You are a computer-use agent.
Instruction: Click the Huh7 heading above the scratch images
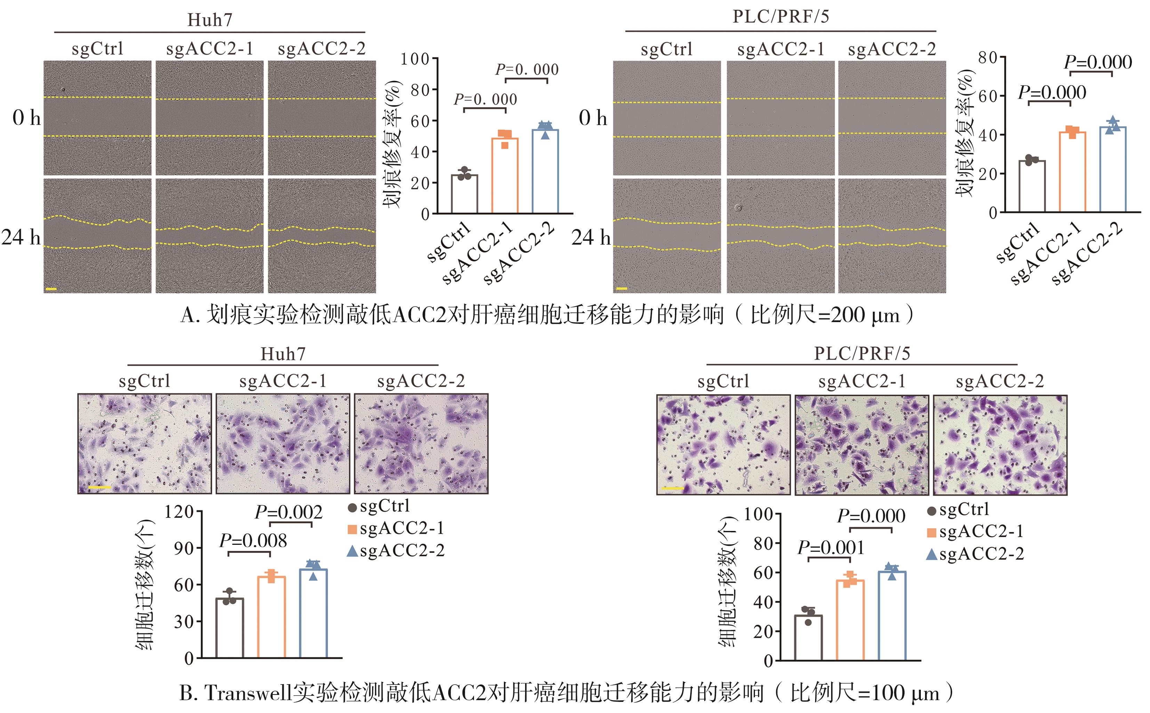[x=210, y=20]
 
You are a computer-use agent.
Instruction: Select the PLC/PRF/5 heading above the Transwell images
[x=862, y=353]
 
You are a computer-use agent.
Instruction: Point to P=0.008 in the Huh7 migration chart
[x=253, y=540]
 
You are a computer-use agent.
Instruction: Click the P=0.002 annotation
[x=288, y=512]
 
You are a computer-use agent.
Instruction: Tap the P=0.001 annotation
[x=831, y=548]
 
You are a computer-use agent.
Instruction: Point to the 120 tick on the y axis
[x=179, y=511]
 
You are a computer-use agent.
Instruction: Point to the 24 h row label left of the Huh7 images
[x=21, y=238]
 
